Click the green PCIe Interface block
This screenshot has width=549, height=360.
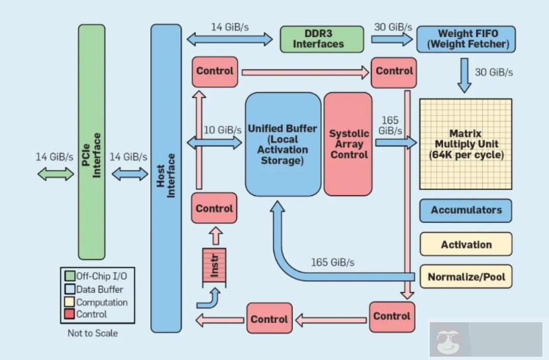pos(91,142)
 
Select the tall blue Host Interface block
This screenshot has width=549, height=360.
pos(166,177)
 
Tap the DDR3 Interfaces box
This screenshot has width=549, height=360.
pos(321,38)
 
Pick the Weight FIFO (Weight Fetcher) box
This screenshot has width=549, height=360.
pos(465,39)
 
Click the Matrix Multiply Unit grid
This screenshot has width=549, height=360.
pos(466,144)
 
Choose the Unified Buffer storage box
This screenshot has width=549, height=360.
pos(282,144)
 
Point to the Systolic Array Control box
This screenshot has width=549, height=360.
pos(348,144)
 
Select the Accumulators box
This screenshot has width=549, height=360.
pos(466,211)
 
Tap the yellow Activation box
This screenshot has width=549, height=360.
pos(466,244)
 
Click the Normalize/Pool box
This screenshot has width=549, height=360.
pos(466,276)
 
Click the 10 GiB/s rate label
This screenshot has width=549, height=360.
pos(222,130)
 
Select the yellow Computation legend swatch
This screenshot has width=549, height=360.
pos(69,302)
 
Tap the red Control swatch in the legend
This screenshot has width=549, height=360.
pos(69,314)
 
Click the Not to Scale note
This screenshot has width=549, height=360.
pos(92,334)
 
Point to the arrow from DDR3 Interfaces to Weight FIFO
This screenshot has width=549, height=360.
pos(392,39)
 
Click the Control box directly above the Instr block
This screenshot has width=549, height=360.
pos(214,208)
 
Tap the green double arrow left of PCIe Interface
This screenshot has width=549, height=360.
pos(56,174)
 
